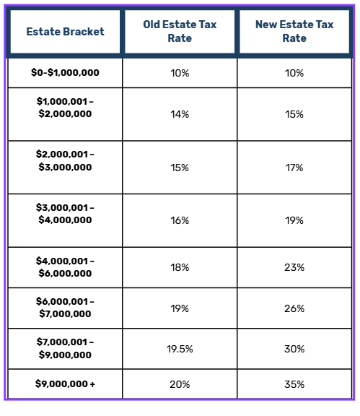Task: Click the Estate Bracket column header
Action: [65, 32]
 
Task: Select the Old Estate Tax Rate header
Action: [180, 31]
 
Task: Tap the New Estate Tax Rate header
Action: [294, 31]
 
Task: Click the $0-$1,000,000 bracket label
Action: [65, 72]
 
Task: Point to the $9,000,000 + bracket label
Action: [65, 383]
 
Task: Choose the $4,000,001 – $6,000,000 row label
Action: [65, 267]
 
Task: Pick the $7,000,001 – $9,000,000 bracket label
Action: [65, 348]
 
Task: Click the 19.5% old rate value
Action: [180, 349]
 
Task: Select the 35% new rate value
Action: [294, 384]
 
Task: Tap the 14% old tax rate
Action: [180, 114]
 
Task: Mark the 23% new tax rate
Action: [294, 267]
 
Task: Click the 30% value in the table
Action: [294, 349]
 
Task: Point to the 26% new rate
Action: [294, 308]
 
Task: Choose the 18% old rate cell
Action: [180, 267]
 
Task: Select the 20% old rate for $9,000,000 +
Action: [180, 384]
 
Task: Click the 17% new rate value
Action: [294, 168]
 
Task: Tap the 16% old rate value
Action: [180, 220]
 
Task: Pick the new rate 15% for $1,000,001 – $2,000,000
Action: [294, 114]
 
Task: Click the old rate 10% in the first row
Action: [180, 73]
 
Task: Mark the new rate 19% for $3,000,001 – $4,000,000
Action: [294, 220]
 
